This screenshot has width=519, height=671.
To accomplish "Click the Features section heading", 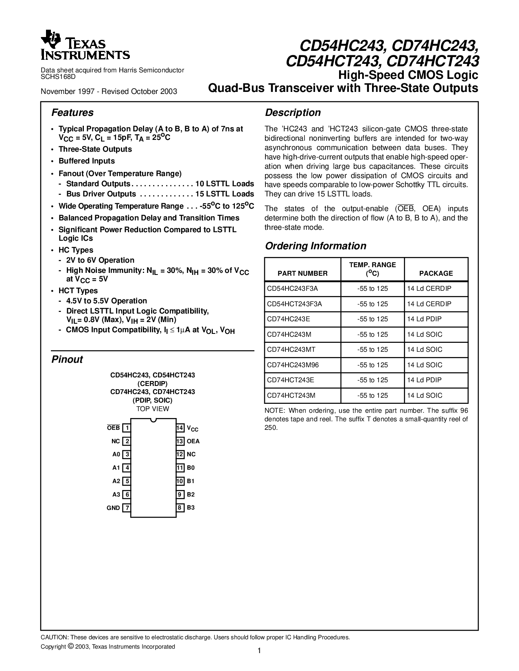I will [x=72, y=113].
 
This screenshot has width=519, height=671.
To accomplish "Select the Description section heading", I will [x=293, y=113].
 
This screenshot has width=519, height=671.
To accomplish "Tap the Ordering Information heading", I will [x=315, y=246].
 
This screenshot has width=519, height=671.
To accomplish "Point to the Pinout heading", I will [x=67, y=359].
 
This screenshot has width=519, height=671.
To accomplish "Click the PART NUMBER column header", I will [x=302, y=273].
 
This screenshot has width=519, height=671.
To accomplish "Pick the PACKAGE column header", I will [x=436, y=273].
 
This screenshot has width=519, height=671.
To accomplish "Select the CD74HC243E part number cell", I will [x=288, y=319].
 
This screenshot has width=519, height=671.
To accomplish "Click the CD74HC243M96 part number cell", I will [x=293, y=365].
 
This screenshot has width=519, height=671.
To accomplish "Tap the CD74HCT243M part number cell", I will [x=291, y=395].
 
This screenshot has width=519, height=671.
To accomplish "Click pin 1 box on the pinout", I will [x=127, y=428].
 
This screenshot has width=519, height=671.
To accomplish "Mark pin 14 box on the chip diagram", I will [x=180, y=428].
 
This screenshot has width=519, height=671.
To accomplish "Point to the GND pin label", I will [x=113, y=508].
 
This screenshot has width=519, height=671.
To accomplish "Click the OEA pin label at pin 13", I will [x=193, y=441].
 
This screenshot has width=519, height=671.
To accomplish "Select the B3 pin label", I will [x=191, y=508].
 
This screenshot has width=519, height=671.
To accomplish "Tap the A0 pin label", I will [x=116, y=455].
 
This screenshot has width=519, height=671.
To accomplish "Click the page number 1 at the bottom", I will [x=259, y=651].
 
